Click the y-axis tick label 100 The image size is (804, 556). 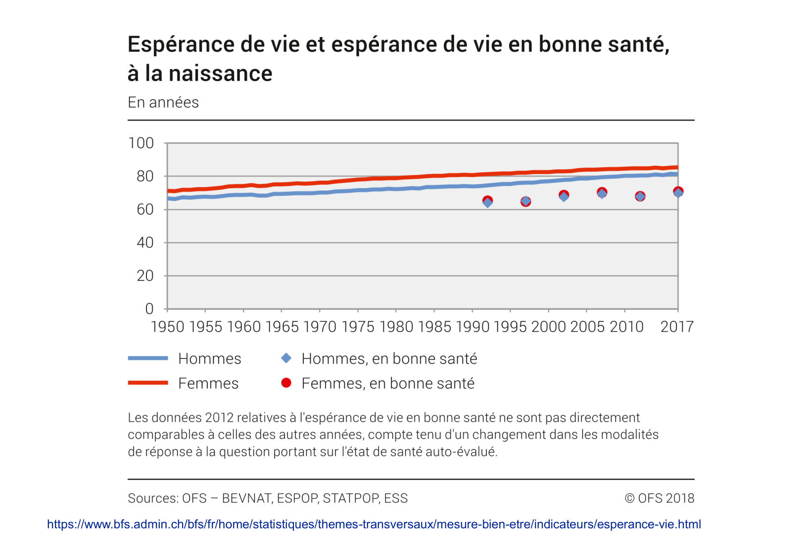[141, 143]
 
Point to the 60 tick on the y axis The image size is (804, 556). [144, 210]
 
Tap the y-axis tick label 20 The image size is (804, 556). [144, 276]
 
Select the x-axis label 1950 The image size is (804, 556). [167, 327]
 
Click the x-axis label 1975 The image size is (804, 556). [358, 327]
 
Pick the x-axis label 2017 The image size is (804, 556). [677, 327]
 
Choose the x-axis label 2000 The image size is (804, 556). [548, 327]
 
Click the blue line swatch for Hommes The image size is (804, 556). [148, 358]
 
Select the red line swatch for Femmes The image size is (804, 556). [148, 383]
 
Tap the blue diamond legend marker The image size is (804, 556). [286, 358]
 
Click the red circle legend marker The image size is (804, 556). [286, 383]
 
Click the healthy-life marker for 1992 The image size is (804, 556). [487, 201]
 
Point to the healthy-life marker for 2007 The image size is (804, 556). [602, 193]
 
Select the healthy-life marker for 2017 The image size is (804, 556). [678, 192]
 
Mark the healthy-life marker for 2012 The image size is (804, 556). [640, 196]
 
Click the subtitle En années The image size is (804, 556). [163, 102]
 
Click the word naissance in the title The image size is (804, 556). [221, 74]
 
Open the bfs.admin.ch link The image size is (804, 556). [374, 524]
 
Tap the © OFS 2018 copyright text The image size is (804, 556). [660, 498]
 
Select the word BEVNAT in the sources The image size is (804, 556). [246, 498]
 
